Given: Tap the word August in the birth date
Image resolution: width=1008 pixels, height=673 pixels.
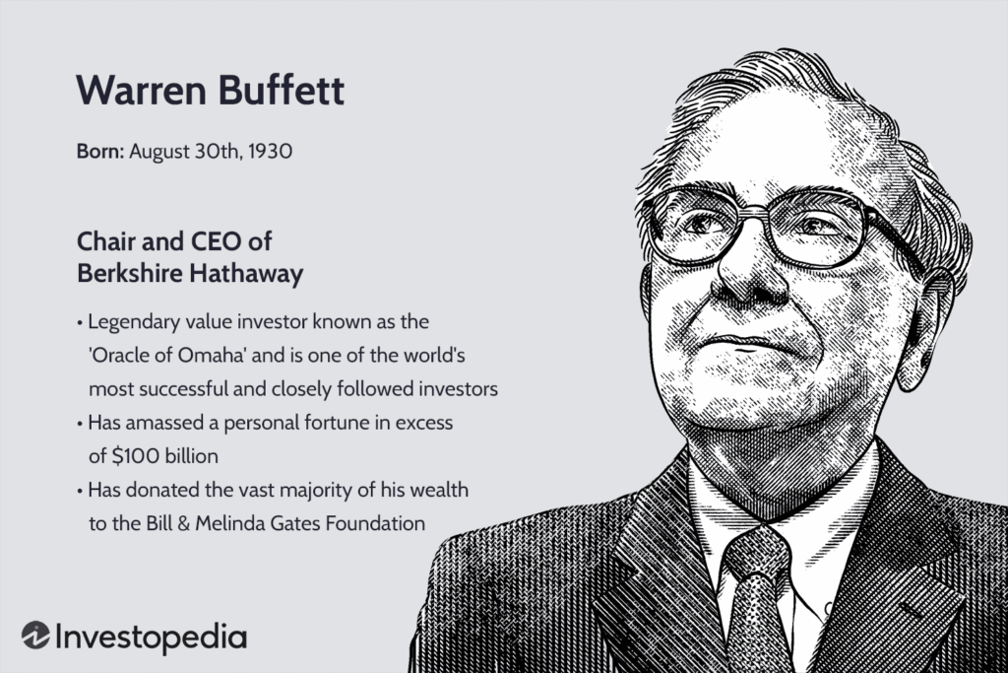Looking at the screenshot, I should [157, 153].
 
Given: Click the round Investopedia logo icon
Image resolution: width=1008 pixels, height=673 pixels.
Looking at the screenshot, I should [35, 636].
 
